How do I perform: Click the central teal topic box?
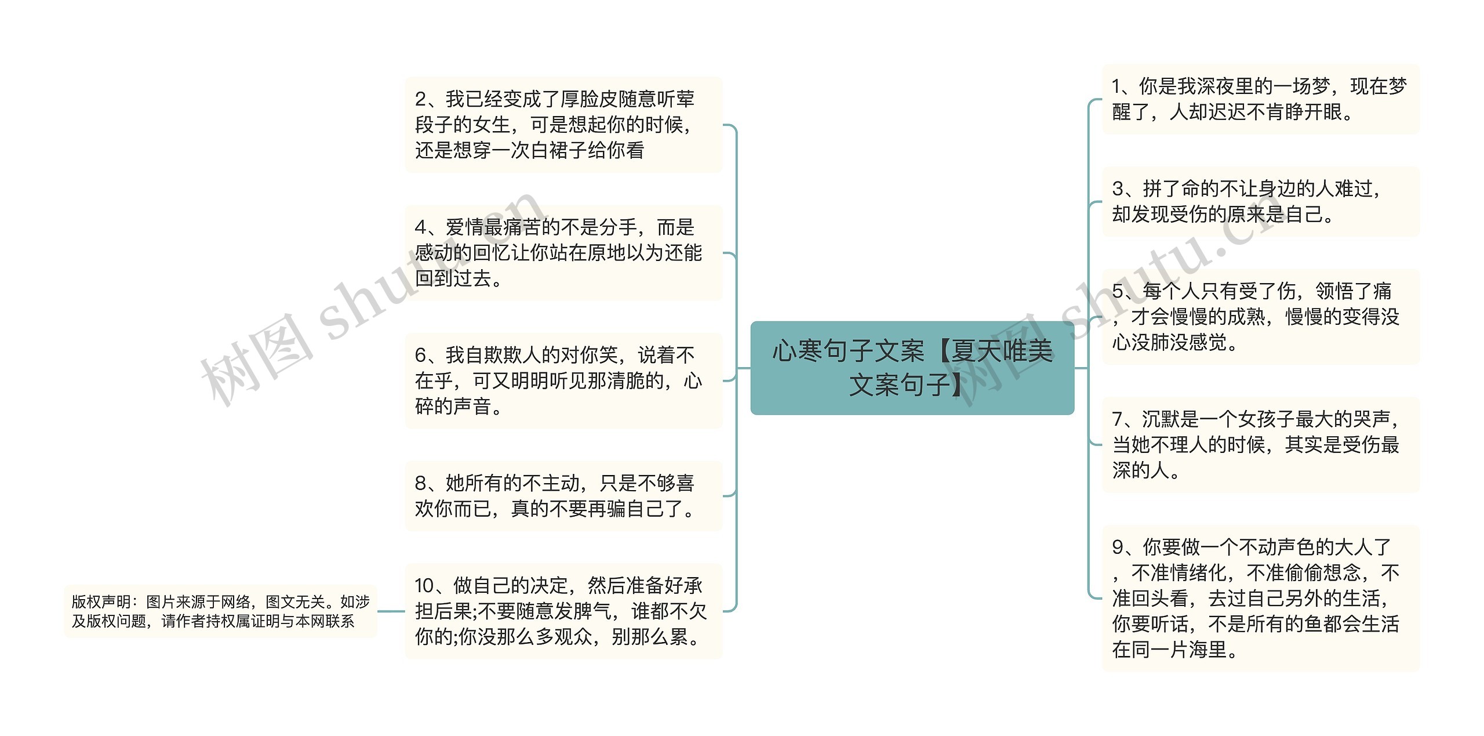(x=912, y=368)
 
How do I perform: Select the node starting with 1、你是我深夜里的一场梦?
(x=1260, y=99)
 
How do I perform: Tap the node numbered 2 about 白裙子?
(x=563, y=125)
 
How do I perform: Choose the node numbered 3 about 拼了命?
(x=1260, y=202)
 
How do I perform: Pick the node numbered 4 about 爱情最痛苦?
(x=563, y=253)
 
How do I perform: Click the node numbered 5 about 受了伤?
(x=1260, y=317)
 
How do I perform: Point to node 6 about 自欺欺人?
(x=563, y=380)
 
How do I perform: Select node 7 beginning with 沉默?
(x=1260, y=444)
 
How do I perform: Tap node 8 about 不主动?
(x=563, y=496)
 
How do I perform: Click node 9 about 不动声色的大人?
(x=1260, y=598)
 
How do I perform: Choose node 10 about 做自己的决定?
(x=563, y=611)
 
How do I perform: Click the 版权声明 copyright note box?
(x=220, y=611)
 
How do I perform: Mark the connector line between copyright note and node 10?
(x=391, y=611)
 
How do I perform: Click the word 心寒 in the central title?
(x=797, y=351)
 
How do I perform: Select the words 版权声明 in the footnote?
(x=101, y=602)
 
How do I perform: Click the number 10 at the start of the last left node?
(x=425, y=586)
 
